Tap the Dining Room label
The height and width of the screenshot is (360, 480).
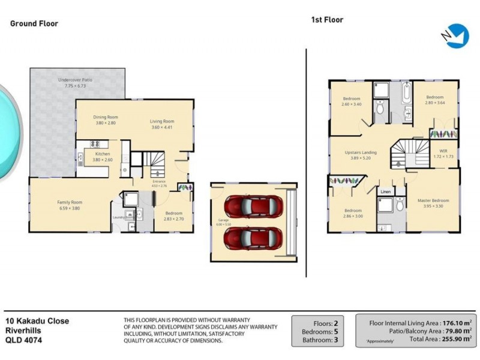click(x=105, y=117)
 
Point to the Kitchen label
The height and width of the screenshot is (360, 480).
click(x=102, y=154)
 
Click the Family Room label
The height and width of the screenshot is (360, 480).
click(x=70, y=202)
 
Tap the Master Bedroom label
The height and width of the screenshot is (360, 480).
click(x=433, y=200)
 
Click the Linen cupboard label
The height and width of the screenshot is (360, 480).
click(x=385, y=192)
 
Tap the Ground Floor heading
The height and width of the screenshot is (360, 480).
click(x=34, y=24)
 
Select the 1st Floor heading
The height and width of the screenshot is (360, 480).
click(x=326, y=20)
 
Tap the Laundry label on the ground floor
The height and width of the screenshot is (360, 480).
click(x=118, y=218)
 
